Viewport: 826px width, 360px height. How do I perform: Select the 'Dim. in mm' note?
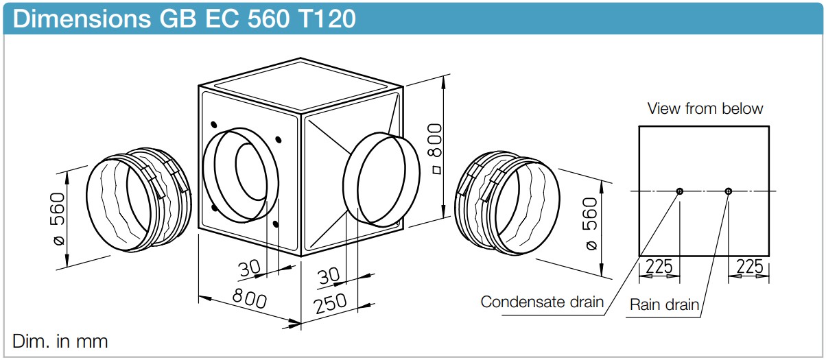(60, 340)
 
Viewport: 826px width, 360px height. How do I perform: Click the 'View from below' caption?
(705, 108)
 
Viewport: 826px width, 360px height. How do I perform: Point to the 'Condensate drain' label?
(542, 302)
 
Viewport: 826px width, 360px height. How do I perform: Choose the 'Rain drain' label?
(663, 304)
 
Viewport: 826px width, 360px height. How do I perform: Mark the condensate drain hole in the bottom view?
(679, 191)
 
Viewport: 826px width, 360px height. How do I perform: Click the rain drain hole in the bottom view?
(728, 191)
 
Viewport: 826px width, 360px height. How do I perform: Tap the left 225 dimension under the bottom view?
(659, 266)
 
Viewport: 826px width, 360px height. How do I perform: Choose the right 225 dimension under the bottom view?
(749, 266)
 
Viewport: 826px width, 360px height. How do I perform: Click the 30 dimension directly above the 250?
(329, 276)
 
